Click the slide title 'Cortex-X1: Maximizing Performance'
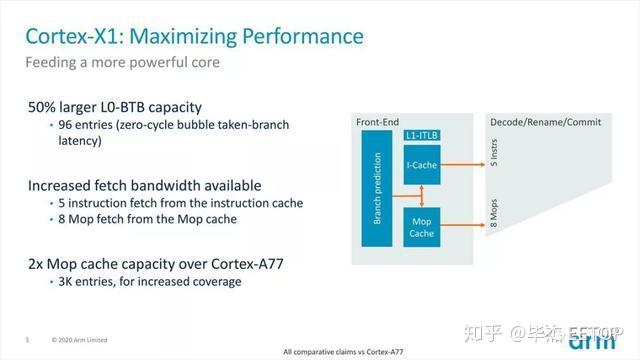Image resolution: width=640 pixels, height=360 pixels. point(194,37)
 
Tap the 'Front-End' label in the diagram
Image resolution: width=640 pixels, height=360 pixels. point(377,122)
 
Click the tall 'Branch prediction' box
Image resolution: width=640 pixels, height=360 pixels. point(378,191)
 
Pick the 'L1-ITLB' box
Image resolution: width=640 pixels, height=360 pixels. point(420,135)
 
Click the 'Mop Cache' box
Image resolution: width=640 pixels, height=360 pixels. point(421,225)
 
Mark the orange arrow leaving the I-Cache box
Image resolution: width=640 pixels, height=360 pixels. point(462,163)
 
